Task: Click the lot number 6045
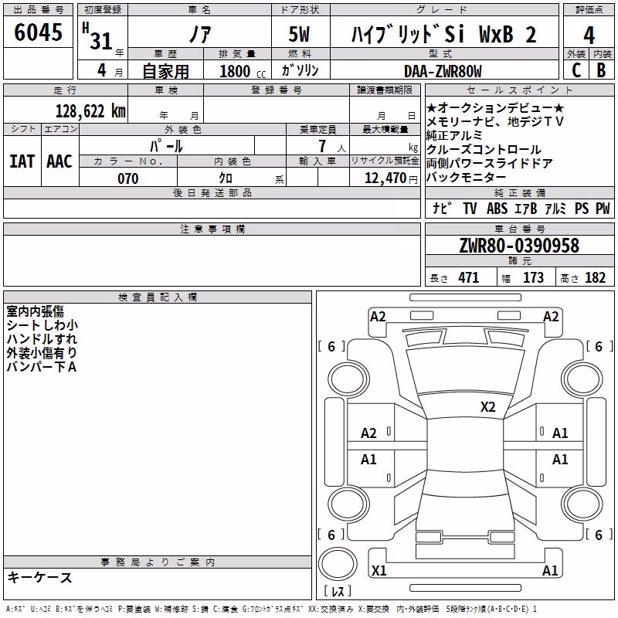(x=38, y=32)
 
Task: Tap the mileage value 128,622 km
(x=90, y=111)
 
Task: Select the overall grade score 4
(x=589, y=36)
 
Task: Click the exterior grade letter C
(x=576, y=70)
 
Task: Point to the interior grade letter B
(x=601, y=70)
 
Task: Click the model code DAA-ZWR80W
(x=443, y=71)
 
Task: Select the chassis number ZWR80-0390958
(x=519, y=246)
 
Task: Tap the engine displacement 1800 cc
(x=243, y=71)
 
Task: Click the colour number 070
(x=128, y=178)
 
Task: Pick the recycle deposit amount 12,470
(x=385, y=178)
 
